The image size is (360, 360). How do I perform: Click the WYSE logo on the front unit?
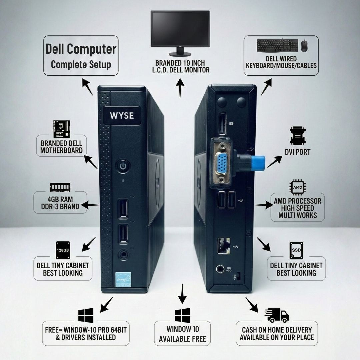[x=122, y=116]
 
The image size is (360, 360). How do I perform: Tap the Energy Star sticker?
[x=123, y=279]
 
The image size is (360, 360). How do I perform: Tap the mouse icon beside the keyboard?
[x=304, y=46]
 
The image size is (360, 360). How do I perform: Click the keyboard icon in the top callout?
[x=277, y=46]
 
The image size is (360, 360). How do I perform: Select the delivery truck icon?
[x=277, y=315]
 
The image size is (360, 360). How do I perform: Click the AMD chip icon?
[x=297, y=187]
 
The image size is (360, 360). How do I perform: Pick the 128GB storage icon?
[x=63, y=250]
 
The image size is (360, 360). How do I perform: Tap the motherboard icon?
[x=62, y=129]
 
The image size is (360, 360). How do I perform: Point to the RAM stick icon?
[x=60, y=187]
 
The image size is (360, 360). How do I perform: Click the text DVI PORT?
[x=298, y=152]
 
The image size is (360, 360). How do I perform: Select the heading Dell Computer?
[x=81, y=49]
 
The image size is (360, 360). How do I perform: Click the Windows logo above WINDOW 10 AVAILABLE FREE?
[x=182, y=315]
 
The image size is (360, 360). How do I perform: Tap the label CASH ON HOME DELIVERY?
[x=277, y=330]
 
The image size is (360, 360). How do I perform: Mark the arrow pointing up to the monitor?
[x=180, y=88]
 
